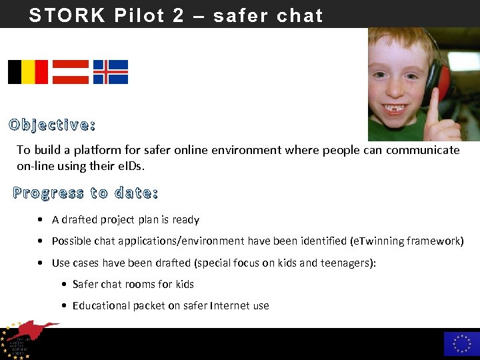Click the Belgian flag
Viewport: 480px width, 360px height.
coord(28,72)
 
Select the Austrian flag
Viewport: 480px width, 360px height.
coord(71,72)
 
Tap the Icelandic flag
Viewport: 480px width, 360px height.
coord(111,72)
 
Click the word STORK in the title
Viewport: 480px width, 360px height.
coord(67,15)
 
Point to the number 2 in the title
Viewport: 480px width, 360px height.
coord(178,15)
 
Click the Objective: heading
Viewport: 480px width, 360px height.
coord(52,125)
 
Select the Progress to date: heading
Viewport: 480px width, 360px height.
coord(85,193)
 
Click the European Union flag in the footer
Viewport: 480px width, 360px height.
coord(461,344)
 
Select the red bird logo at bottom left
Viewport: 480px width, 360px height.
coord(33,331)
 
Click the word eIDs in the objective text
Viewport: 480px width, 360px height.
coord(131,165)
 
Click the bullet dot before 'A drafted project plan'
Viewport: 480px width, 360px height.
coord(42,220)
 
